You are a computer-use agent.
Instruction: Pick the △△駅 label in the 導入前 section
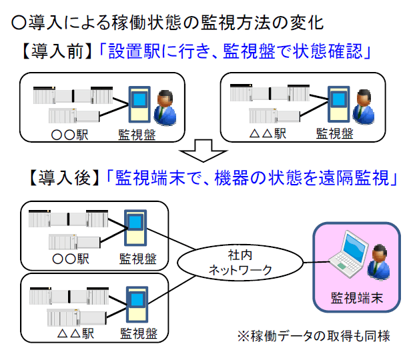pos(266,133)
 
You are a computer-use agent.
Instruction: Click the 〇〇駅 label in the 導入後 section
pos(71,258)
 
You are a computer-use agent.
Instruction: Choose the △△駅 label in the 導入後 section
pos(72,332)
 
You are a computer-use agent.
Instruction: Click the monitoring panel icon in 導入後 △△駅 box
pos(137,303)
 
